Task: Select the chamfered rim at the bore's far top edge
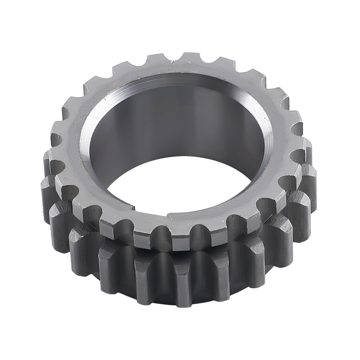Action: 180,77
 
